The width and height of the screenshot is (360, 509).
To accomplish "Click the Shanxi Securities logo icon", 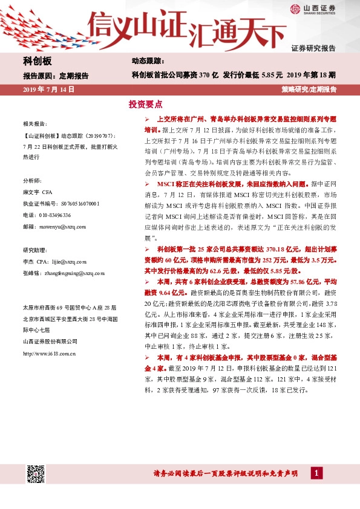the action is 295,8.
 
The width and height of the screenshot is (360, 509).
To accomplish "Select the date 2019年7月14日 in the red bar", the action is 48,89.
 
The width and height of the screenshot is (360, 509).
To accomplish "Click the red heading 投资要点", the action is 146,104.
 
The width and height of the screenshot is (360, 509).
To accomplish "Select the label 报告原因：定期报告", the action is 56,76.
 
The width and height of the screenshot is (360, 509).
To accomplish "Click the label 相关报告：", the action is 34,122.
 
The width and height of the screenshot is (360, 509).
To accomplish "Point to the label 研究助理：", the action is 34,250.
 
